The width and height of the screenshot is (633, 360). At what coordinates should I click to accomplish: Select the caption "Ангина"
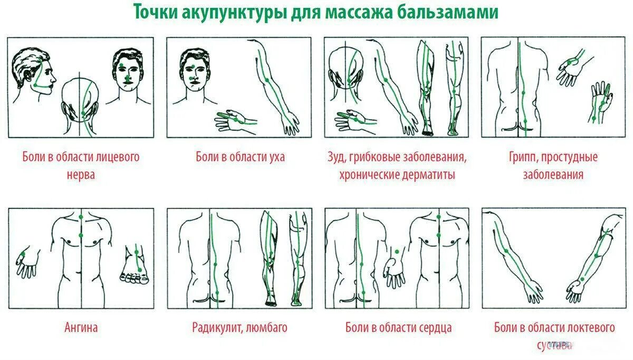click(81, 327)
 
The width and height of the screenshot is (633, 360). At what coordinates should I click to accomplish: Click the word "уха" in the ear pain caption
click(275, 157)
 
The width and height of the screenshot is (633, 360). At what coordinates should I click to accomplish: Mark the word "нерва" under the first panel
click(81, 175)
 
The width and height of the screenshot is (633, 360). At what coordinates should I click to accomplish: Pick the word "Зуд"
click(335, 157)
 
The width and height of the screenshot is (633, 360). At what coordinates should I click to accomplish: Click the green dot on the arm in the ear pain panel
click(267, 80)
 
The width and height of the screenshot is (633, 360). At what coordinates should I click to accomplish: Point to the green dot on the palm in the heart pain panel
click(396, 251)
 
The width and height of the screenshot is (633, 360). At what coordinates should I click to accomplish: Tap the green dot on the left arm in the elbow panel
click(506, 251)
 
